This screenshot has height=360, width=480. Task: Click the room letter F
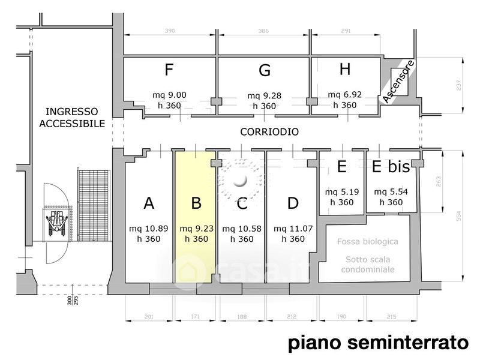(x=170, y=70)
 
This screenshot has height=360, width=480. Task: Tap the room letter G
(x=264, y=71)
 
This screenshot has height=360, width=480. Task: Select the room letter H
(x=344, y=69)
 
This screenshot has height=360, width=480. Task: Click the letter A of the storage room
(x=149, y=203)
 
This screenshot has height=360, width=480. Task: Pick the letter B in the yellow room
(x=196, y=203)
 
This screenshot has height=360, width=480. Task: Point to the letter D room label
(x=293, y=203)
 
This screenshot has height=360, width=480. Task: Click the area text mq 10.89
(x=149, y=229)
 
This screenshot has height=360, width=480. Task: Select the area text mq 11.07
(x=292, y=229)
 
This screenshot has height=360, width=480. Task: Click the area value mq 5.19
(x=341, y=192)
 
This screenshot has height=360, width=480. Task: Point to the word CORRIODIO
(x=269, y=131)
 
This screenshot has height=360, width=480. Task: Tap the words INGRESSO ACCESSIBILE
(x=71, y=118)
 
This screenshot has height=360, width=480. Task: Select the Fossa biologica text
(x=367, y=241)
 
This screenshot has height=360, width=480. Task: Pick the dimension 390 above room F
(x=170, y=30)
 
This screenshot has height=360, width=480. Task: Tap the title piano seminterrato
(x=378, y=343)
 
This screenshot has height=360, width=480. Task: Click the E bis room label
(x=391, y=167)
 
